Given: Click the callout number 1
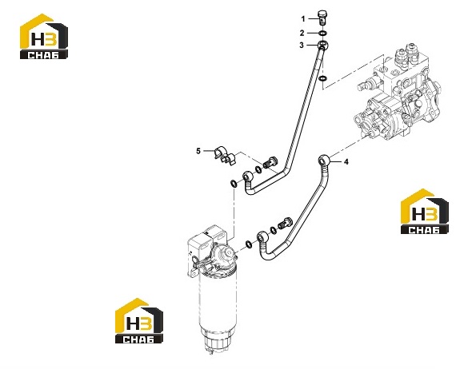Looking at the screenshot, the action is pyautogui.click(x=303, y=19).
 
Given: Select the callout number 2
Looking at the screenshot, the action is pyautogui.click(x=302, y=33).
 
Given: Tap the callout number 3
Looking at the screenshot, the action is pyautogui.click(x=302, y=46).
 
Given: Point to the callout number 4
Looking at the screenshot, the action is pyautogui.click(x=346, y=162).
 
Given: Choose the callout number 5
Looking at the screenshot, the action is pyautogui.click(x=198, y=151).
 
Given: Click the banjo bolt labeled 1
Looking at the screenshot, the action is pyautogui.click(x=322, y=18).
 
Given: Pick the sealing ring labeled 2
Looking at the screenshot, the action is pyautogui.click(x=322, y=33).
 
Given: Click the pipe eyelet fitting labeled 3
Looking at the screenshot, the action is pyautogui.click(x=323, y=46).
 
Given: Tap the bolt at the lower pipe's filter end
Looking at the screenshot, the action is pyautogui.click(x=286, y=223).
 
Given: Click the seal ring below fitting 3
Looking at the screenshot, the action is pyautogui.click(x=322, y=79).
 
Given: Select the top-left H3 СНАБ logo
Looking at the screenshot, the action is pyautogui.click(x=44, y=36).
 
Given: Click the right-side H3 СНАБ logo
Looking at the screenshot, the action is pyautogui.click(x=425, y=211).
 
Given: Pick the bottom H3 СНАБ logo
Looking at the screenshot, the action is pyautogui.click(x=139, y=321).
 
